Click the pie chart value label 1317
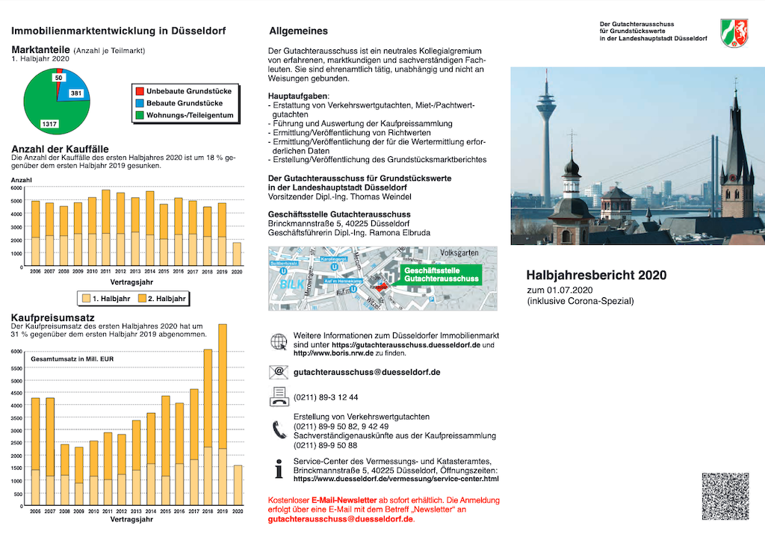click(49, 123)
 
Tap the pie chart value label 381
click(76, 93)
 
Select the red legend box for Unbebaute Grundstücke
click(139, 90)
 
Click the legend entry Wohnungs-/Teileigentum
click(190, 116)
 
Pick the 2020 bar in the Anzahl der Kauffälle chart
click(237, 254)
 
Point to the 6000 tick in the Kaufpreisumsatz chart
click(16, 351)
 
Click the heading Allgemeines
click(298, 31)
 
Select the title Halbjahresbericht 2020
click(596, 275)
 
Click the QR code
click(725, 496)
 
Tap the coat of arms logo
click(734, 33)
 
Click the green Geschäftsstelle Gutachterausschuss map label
click(441, 274)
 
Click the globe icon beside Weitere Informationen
click(278, 342)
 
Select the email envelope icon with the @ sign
click(278, 371)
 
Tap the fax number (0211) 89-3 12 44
click(326, 397)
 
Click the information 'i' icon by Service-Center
click(279, 470)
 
